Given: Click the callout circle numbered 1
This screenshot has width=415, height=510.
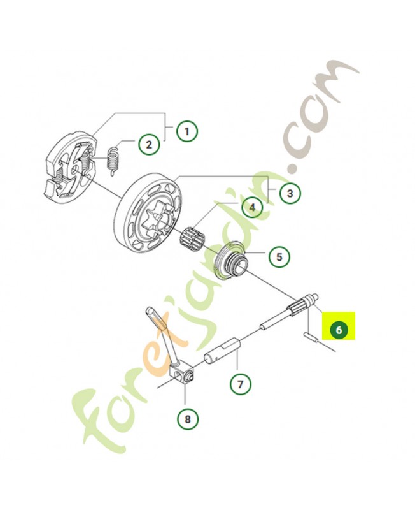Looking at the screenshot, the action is coord(186,131).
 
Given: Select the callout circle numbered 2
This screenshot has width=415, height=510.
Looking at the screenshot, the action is coord(149,144).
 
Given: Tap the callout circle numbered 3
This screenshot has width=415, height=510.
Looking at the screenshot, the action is coord(290,193).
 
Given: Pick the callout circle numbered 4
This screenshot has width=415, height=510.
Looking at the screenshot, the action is coord(251,207).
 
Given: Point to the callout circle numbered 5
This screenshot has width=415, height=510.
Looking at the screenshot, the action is coord(279,257).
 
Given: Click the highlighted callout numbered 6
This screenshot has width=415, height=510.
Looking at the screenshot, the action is coord(339,330).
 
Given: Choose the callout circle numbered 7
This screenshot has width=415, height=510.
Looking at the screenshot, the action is coord(241,384).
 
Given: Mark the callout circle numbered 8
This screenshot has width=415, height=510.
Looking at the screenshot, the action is coord(188,419).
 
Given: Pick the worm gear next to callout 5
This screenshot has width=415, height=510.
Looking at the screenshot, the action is coord(231,259).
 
